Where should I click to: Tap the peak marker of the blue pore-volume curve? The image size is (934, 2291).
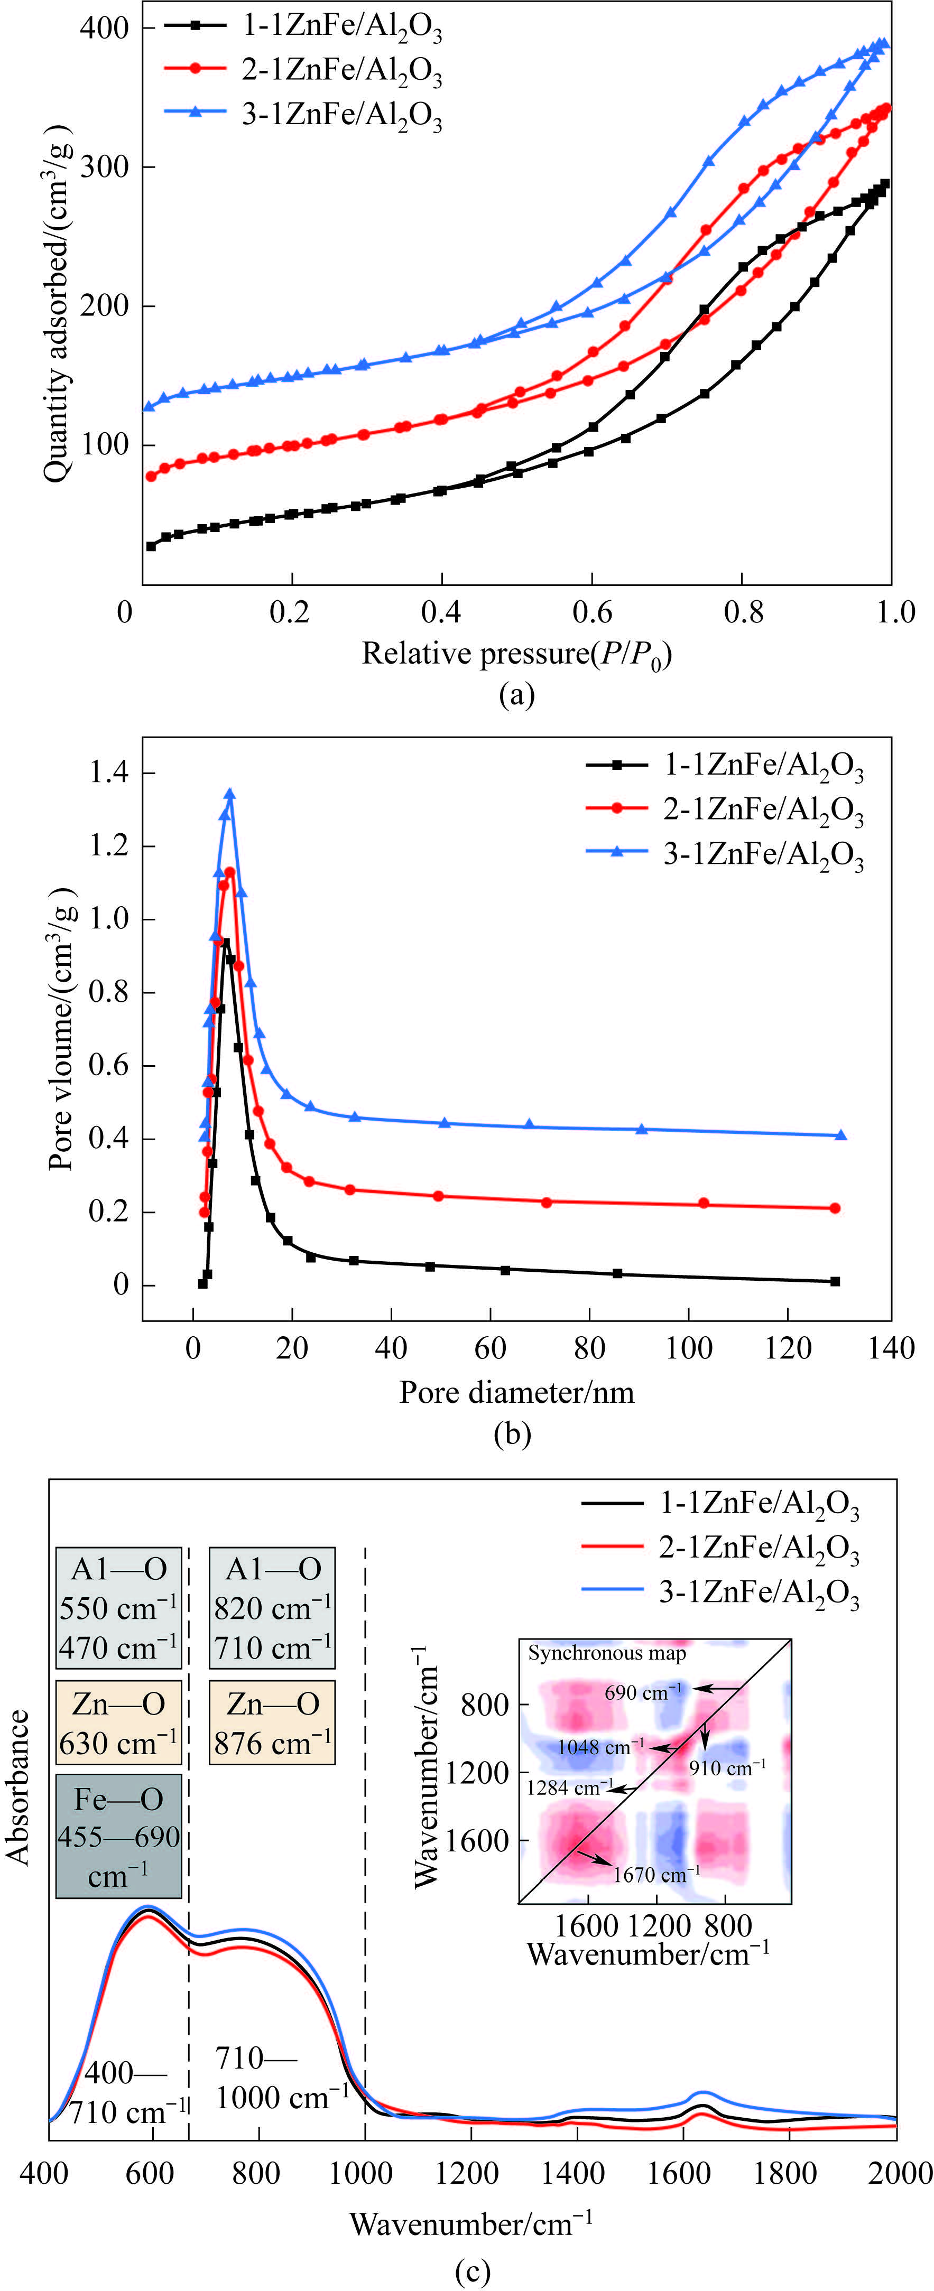(229, 793)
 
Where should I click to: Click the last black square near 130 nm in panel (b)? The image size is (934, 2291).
(835, 1282)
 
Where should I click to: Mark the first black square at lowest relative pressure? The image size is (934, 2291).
(151, 546)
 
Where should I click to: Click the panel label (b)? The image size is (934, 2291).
(512, 1433)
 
